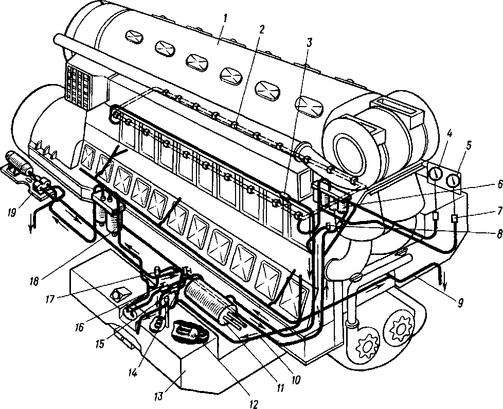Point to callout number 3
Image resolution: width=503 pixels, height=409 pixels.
pyautogui.click(x=309, y=43)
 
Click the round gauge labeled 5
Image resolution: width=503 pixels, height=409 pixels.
pyautogui.click(x=454, y=181)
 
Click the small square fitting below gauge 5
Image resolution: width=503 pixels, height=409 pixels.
pyautogui.click(x=455, y=219)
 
